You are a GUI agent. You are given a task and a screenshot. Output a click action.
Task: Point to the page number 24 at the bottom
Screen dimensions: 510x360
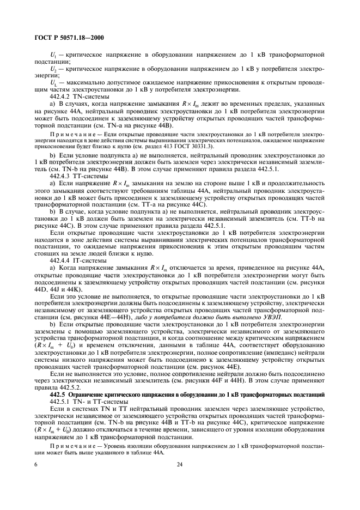point(179,464)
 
